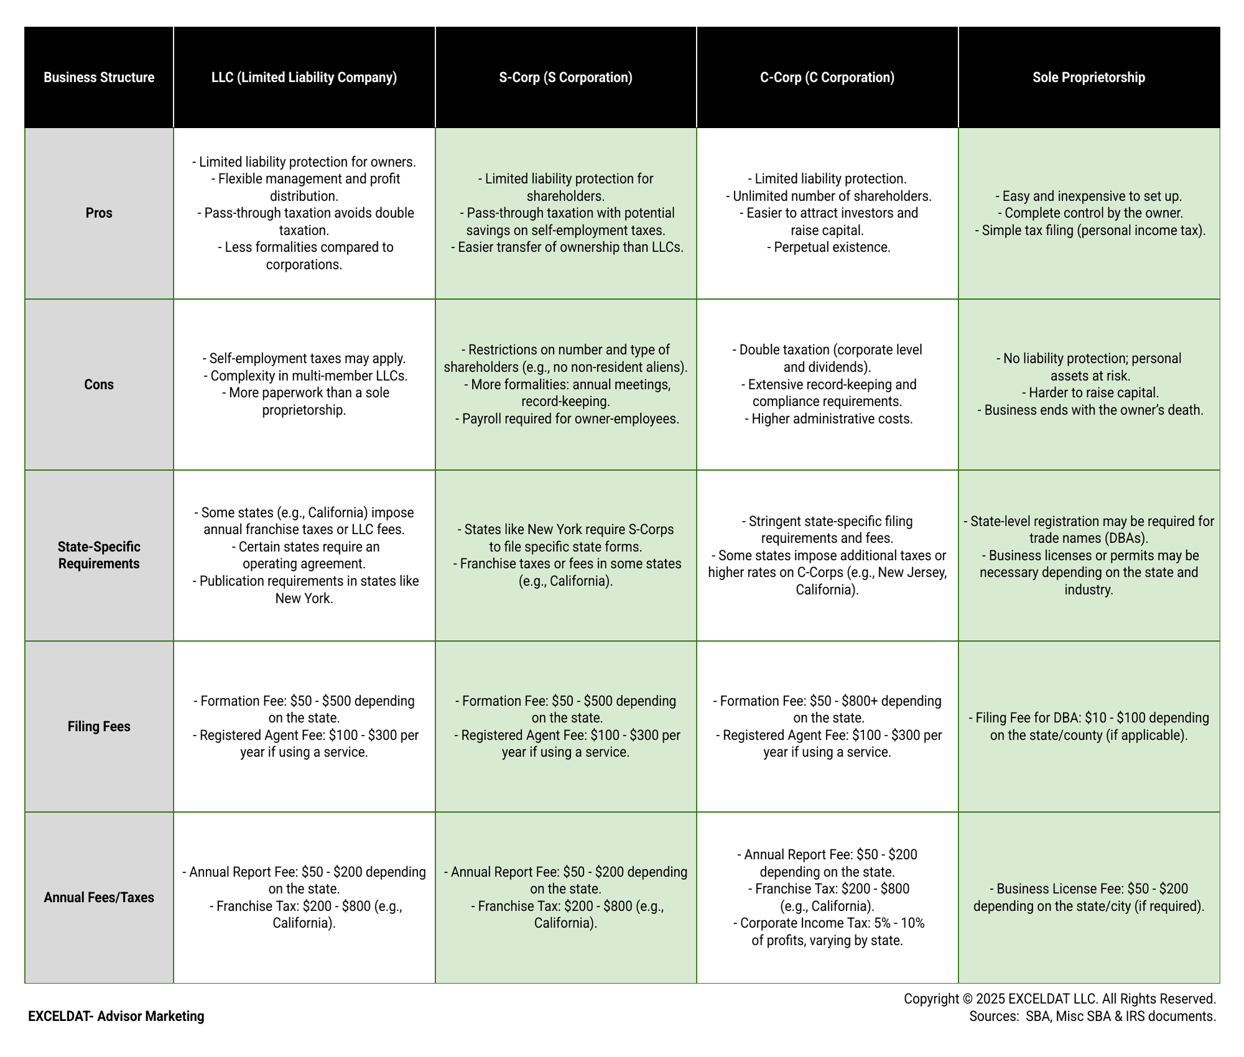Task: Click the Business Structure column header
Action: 99,77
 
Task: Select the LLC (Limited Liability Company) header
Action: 304,77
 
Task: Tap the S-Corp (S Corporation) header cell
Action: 566,77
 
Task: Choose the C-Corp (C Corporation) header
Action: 827,77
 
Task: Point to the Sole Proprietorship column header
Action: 1089,77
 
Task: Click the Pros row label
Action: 99,213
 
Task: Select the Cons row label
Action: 99,384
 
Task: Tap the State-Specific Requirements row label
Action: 99,555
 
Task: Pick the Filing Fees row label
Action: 99,726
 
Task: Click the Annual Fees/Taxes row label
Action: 99,897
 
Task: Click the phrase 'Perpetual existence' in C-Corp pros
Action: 832,247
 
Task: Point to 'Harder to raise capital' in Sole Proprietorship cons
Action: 1093,393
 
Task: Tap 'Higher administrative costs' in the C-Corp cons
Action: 832,418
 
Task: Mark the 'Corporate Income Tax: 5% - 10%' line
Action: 832,923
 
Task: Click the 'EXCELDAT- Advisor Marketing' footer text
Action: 116,1016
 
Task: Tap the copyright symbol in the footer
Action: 967,999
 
